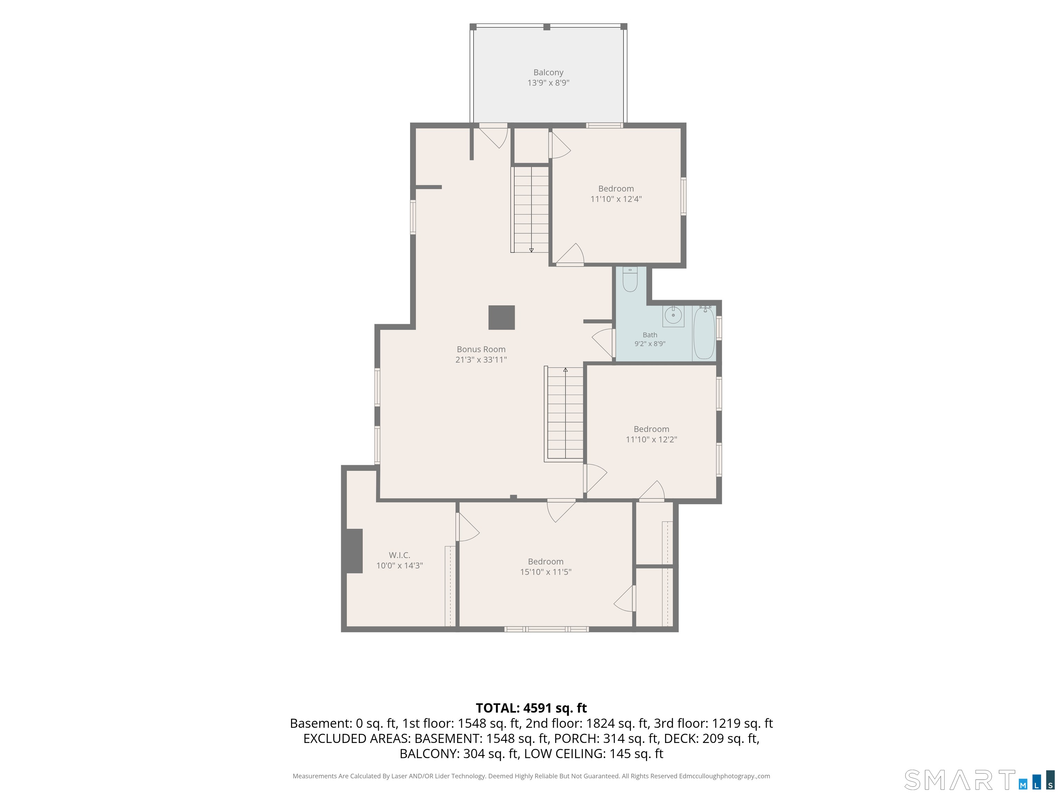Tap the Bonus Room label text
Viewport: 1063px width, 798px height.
pos(481,349)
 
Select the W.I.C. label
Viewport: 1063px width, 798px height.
pos(399,555)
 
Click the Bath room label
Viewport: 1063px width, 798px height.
pos(650,335)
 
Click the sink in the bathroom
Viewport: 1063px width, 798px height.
pos(673,316)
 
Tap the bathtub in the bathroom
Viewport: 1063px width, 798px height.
pos(704,332)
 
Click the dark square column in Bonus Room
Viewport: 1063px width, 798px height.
pos(502,318)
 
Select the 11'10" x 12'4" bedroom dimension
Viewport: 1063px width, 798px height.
pos(616,199)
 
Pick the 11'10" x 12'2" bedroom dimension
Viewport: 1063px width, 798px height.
pos(651,439)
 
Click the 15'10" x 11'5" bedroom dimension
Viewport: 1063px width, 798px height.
pos(545,571)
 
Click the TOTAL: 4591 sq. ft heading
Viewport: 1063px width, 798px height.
pos(531,708)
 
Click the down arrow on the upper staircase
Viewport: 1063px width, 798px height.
pos(531,250)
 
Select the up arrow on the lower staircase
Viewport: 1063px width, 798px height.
pos(566,370)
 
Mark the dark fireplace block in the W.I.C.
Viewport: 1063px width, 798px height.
pos(354,551)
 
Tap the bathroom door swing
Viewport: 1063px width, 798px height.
pos(603,343)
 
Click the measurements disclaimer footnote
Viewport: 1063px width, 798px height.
pos(531,775)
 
